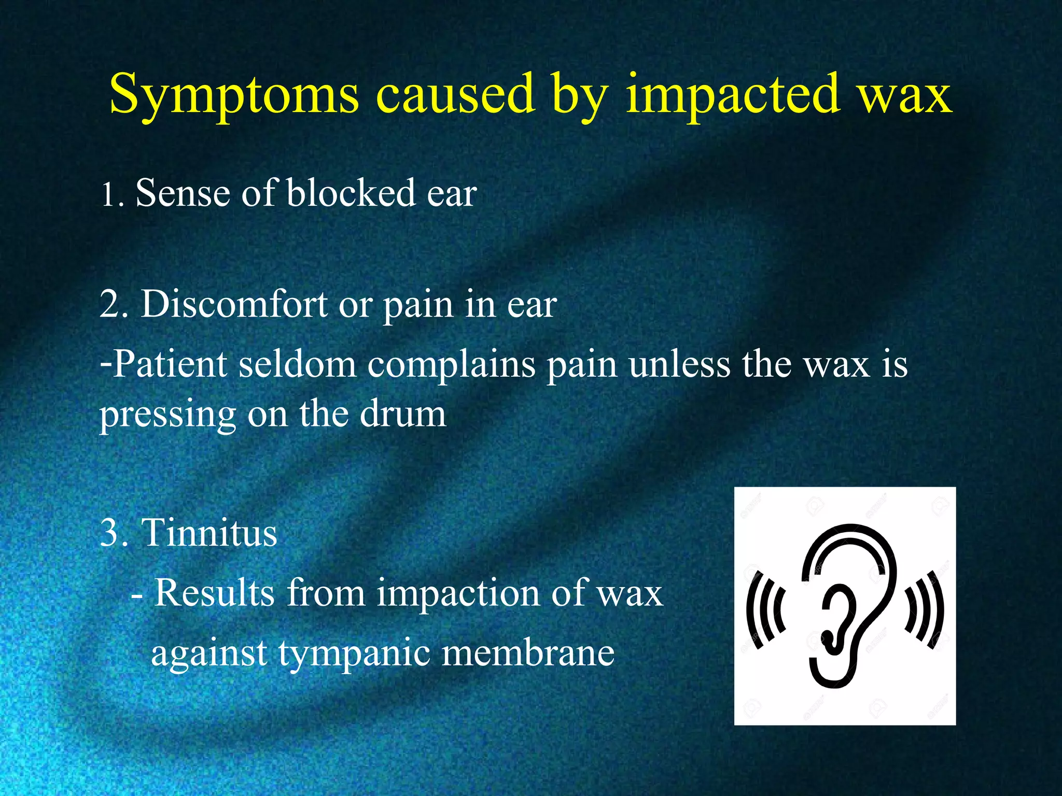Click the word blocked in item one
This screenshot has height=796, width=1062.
351,193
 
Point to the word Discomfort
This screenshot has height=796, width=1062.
234,304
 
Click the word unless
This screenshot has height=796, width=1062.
680,364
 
